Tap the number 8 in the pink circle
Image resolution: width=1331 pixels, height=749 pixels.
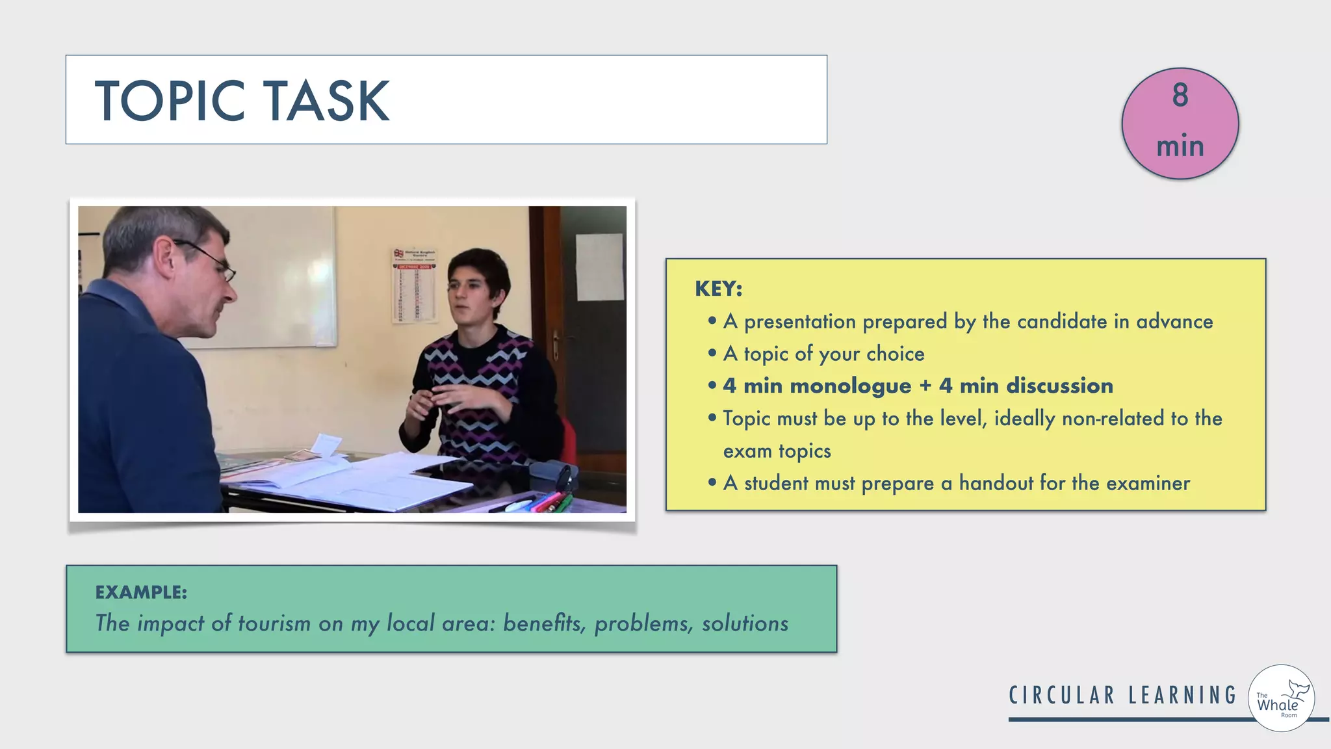click(1180, 96)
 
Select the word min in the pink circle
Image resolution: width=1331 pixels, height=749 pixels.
click(1180, 146)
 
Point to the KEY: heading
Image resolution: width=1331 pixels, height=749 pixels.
click(718, 288)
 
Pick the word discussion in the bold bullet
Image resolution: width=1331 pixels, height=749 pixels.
click(1059, 386)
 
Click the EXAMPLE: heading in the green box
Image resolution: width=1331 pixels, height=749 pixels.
click(141, 592)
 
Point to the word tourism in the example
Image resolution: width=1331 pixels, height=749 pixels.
click(274, 623)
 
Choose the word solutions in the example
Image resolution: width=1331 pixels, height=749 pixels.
click(745, 623)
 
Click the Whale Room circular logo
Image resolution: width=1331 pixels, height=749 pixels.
click(1281, 698)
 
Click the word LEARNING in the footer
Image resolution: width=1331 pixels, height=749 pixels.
click(1182, 695)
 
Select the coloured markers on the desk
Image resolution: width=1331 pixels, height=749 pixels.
click(547, 502)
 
